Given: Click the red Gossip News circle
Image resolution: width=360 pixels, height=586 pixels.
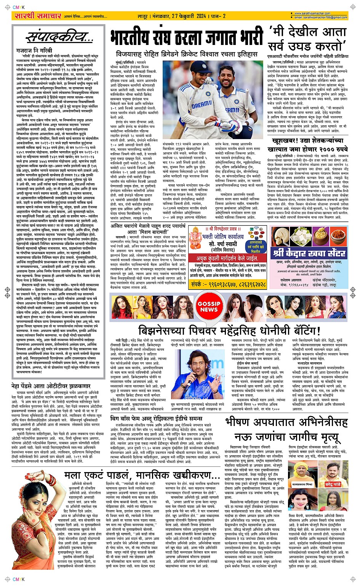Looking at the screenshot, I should (x=208, y=307).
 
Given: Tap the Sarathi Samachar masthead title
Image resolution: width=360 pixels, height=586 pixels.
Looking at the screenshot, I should (x=37, y=16).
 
